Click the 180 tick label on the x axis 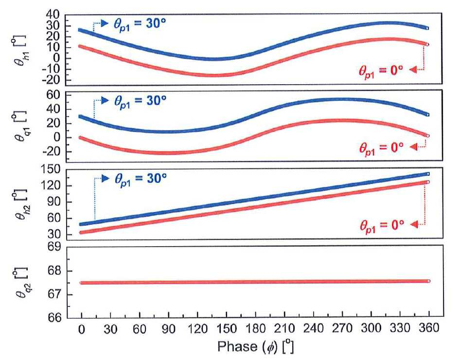256,328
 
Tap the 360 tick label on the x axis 429,328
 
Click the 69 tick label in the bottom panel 54,247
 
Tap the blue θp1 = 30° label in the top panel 140,24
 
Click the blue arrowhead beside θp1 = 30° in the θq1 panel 105,101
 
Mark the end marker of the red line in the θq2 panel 428,281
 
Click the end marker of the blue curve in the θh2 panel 428,174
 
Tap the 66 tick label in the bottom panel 54,318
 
